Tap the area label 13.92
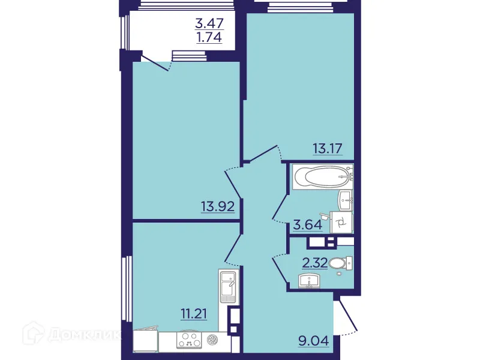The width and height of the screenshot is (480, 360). click(x=217, y=208)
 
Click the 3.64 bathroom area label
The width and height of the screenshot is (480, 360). click(x=307, y=226)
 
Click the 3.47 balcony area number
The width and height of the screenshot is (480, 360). click(x=209, y=25)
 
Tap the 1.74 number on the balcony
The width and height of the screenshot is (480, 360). click(x=209, y=39)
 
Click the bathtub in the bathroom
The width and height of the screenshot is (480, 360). click(x=320, y=178)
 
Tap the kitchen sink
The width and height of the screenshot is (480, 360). click(x=228, y=287)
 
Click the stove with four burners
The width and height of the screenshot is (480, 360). click(x=190, y=340)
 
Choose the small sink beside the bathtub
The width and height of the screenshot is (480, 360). click(x=346, y=199)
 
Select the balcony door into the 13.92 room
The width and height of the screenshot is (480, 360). click(x=155, y=62)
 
